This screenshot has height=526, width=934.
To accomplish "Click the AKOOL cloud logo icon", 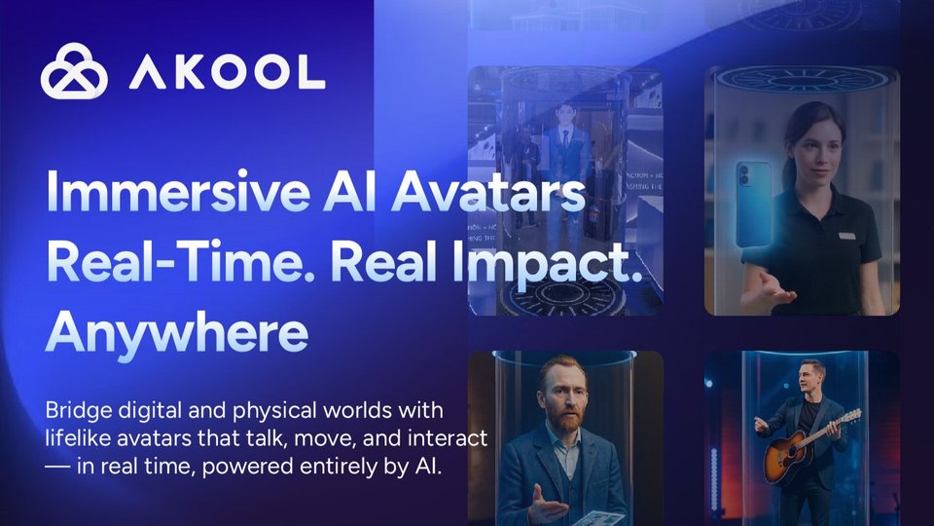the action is coord(74,71).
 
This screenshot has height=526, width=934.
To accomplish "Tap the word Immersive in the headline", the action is coord(177,191).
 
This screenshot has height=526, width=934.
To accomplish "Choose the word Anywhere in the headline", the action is coord(177,333).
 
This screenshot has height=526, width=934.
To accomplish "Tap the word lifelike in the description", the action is coord(78,438).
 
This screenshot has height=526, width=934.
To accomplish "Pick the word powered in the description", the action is coord(247,467).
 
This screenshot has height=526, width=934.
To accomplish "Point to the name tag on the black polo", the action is coord(847,236).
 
